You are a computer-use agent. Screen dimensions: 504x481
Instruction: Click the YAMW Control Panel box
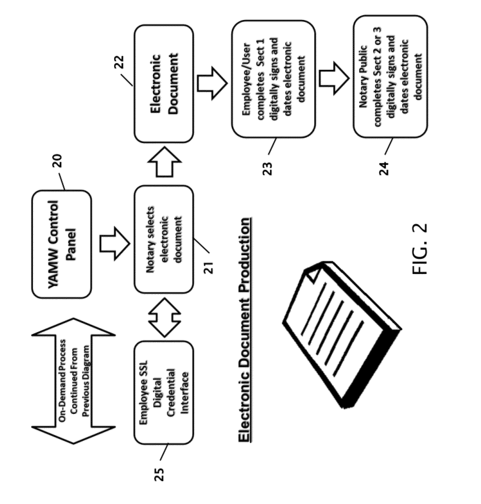coord(62,244)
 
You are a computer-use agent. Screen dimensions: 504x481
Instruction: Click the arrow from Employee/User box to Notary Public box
coord(334,78)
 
